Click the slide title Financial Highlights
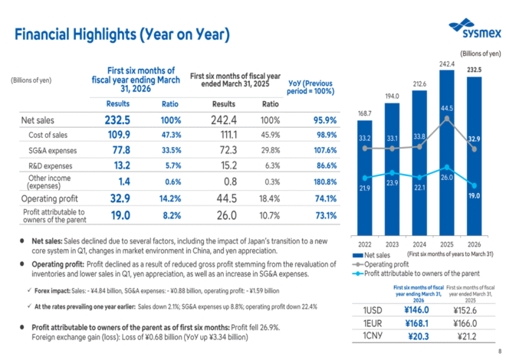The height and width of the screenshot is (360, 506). pyautogui.click(x=122, y=34)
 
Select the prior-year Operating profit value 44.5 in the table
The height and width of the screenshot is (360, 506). pyautogui.click(x=223, y=197)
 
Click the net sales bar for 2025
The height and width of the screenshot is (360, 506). pyautogui.click(x=447, y=153)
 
